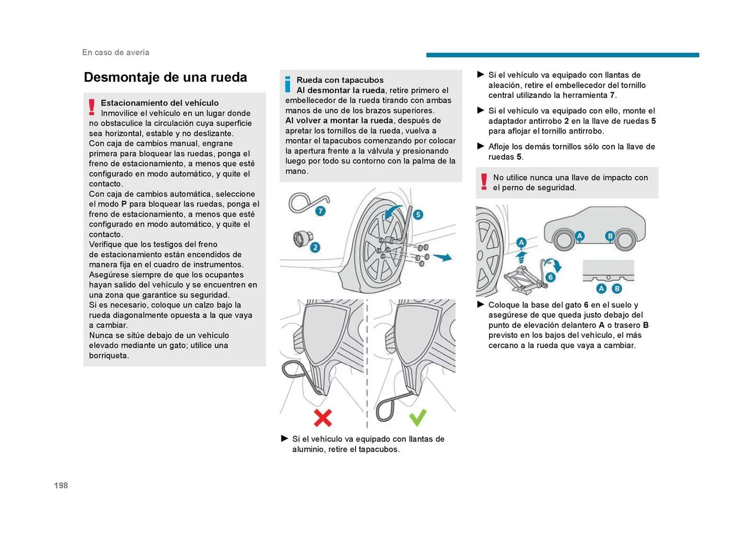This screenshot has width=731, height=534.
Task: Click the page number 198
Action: tap(61, 485)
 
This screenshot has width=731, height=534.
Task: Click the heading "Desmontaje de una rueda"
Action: tap(165, 77)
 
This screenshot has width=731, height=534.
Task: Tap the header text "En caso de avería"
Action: tap(116, 53)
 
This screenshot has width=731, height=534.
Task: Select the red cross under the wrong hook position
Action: tap(323, 418)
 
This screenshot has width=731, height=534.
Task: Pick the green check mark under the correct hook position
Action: tap(418, 418)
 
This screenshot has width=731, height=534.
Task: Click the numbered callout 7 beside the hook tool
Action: tap(321, 211)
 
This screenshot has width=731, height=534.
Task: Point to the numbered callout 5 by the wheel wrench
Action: tap(418, 214)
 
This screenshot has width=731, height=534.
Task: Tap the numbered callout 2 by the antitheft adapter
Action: tap(315, 248)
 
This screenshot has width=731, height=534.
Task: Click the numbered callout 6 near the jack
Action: tap(550, 277)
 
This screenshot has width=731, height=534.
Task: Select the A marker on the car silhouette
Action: tap(579, 236)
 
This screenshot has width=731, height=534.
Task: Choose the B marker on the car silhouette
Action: tap(610, 236)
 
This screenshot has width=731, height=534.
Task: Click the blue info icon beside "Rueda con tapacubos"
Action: tap(288, 85)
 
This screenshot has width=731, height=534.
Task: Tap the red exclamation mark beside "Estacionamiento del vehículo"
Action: tap(92, 107)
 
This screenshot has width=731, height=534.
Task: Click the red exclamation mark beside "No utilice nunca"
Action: tap(484, 182)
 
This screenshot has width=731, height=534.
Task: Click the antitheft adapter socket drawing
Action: tap(301, 239)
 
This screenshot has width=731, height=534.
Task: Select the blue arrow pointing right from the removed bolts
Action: tap(442, 257)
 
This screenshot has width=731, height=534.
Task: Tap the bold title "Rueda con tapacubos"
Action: tap(340, 80)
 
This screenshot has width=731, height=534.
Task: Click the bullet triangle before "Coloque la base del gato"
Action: tap(480, 304)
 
